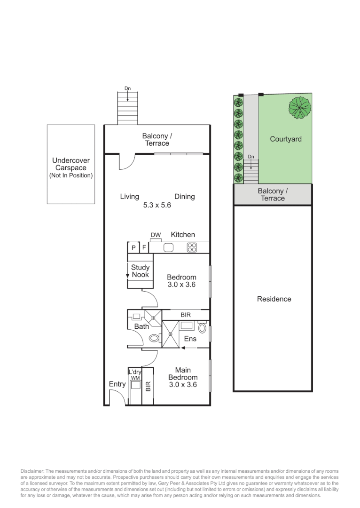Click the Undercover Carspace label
[x=71, y=164]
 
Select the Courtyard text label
[x=285, y=139]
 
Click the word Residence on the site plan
[x=274, y=299]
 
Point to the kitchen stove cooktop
[x=192, y=246]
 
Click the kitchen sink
[x=169, y=247]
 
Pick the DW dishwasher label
[x=156, y=235]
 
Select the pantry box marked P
[x=133, y=247]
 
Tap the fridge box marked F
[x=144, y=247]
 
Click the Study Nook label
[x=140, y=271]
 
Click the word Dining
[x=184, y=197]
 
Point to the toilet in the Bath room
[x=153, y=338]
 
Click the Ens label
[x=190, y=339]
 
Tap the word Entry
[x=117, y=384]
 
